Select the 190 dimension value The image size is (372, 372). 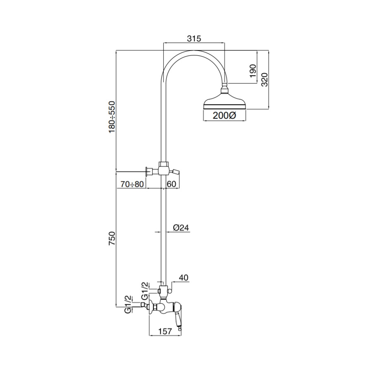(x=253, y=71)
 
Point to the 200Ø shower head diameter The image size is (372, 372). (x=224, y=116)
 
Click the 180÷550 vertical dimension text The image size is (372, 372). (x=112, y=117)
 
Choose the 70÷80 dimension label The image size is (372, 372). (x=132, y=184)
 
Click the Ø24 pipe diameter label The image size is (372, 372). (x=181, y=227)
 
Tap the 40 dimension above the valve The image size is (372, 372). (x=184, y=277)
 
